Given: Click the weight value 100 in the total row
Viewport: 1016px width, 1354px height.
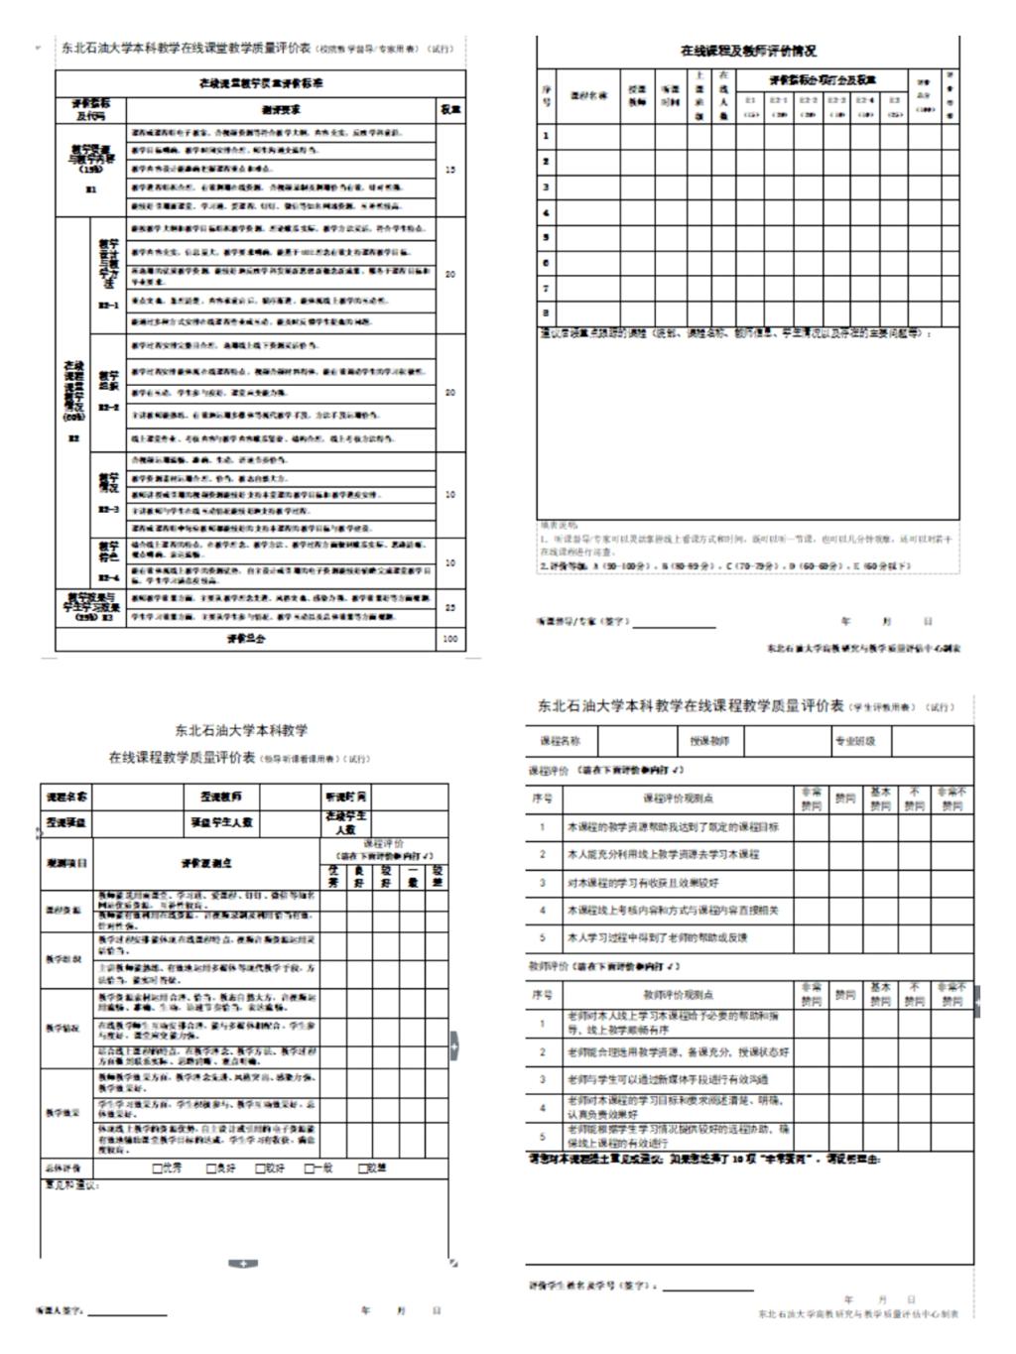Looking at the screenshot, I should [450, 639].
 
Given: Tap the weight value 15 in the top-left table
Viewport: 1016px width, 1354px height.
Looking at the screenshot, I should [450, 171].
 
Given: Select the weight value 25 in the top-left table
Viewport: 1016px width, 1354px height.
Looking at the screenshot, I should [450, 607].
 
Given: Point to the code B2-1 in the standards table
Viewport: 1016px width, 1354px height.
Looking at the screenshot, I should [109, 307].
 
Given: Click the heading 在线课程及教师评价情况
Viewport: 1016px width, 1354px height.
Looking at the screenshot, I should [748, 51].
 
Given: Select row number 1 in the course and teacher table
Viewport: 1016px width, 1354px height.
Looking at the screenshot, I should [546, 135].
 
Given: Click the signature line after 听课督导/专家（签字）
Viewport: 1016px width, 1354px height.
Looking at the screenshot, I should [675, 626].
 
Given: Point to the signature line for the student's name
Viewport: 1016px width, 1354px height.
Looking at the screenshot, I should [708, 1290].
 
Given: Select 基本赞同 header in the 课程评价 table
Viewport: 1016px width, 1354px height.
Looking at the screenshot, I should [880, 799].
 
